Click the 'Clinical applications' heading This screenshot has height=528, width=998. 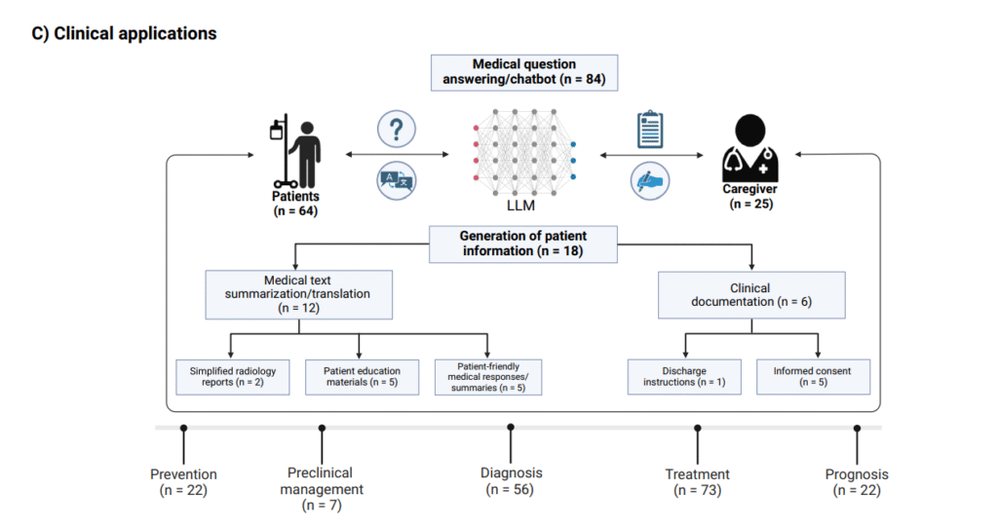(126, 34)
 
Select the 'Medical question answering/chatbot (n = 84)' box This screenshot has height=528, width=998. (524, 72)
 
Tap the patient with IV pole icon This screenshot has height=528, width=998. (297, 153)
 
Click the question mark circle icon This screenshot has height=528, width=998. (396, 129)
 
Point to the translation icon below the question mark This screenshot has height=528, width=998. (396, 180)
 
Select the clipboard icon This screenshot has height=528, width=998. (649, 130)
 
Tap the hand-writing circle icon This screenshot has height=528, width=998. (650, 180)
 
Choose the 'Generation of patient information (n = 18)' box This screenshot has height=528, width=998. (523, 244)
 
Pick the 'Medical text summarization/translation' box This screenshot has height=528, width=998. (298, 295)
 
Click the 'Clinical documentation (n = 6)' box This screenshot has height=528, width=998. (749, 295)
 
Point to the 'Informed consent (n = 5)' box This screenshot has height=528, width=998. (813, 377)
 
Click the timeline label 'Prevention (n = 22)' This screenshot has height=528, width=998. (183, 482)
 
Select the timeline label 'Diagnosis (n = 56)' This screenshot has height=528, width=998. (511, 481)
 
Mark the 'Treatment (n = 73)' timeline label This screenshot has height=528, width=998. (697, 482)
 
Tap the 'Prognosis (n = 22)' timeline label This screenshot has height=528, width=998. (857, 482)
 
